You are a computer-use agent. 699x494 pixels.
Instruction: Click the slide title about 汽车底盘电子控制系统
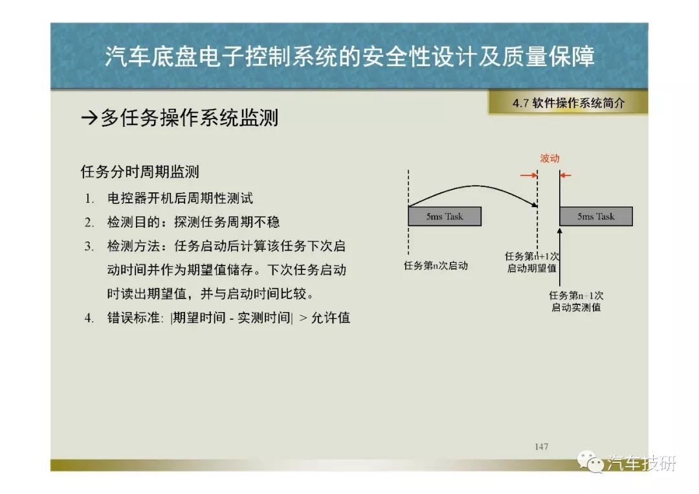(x=349, y=56)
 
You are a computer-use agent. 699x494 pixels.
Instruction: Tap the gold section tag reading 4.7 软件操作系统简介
(x=568, y=103)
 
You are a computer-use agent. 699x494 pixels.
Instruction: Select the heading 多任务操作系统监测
(x=190, y=118)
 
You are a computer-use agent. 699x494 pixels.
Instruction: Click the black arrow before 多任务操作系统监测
(x=89, y=118)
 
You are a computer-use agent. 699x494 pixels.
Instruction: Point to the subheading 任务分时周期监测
(x=140, y=172)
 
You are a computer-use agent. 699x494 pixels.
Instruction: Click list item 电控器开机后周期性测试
(x=180, y=198)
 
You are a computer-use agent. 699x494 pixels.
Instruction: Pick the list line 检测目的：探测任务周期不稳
(x=194, y=222)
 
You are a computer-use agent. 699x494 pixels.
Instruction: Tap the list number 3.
(x=89, y=246)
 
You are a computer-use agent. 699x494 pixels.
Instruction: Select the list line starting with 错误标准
(x=228, y=318)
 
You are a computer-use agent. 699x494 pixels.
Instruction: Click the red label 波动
(x=549, y=158)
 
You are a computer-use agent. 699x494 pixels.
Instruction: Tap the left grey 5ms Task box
(x=445, y=216)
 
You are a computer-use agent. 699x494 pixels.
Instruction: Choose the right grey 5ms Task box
(x=596, y=216)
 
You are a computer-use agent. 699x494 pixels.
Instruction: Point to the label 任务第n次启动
(x=436, y=265)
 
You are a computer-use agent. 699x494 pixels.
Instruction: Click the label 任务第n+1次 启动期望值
(x=532, y=262)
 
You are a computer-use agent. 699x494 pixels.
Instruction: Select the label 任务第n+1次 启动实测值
(x=576, y=301)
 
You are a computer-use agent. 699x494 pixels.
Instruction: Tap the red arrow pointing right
(x=529, y=175)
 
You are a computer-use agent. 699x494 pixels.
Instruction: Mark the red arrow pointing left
(x=565, y=175)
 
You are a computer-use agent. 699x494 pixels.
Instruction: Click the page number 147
(x=541, y=446)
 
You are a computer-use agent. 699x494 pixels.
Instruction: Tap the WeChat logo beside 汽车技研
(x=590, y=462)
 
